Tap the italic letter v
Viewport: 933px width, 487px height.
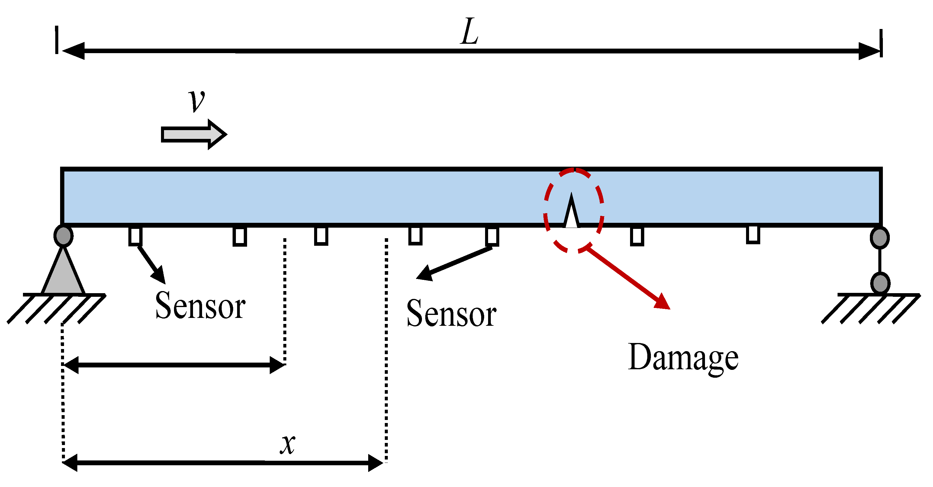(x=197, y=100)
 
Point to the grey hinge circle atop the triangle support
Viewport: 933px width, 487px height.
(x=63, y=236)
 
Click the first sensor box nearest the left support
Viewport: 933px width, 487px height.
(x=135, y=236)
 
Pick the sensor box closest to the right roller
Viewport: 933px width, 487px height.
(x=753, y=234)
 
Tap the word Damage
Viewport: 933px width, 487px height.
(x=683, y=358)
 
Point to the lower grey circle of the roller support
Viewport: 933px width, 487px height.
(x=880, y=283)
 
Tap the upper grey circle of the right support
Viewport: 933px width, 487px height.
(x=880, y=238)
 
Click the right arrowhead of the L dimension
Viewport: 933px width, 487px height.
(x=869, y=51)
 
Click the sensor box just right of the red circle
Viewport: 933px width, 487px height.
(x=637, y=236)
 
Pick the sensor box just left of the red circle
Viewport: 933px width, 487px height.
(x=492, y=236)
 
